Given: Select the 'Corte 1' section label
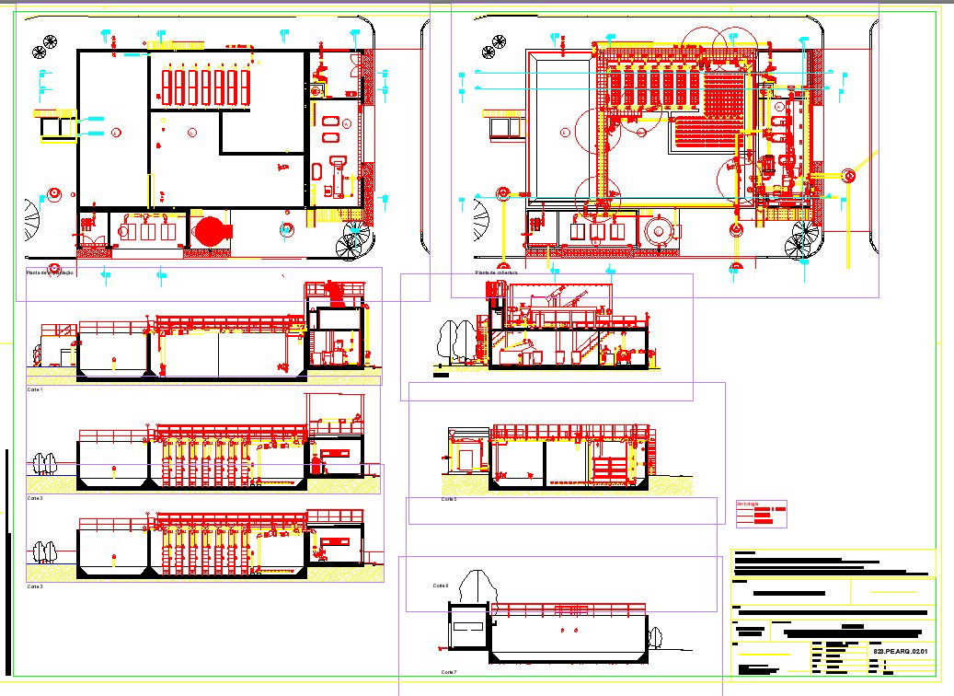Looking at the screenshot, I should (35, 389).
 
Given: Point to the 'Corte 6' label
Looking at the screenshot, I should (441, 585).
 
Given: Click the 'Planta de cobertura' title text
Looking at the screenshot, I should (497, 273).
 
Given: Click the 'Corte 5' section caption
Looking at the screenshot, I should (448, 499).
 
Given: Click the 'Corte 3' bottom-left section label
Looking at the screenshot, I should (35, 586).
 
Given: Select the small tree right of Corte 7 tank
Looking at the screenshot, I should (656, 637).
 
